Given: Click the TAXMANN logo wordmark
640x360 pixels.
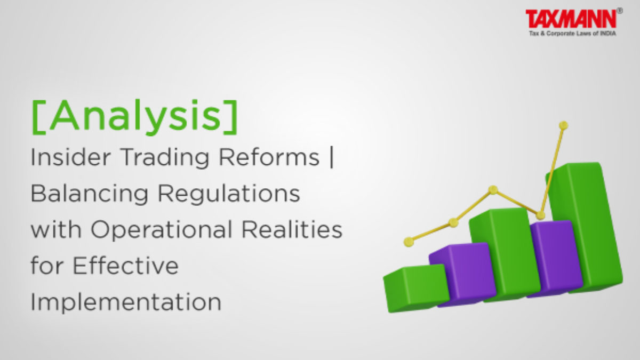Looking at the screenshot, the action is point(571,19).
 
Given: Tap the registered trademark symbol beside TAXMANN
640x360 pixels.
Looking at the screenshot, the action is point(620,11).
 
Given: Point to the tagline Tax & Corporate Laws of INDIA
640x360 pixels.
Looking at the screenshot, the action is point(572,34).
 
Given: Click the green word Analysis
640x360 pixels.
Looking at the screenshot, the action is point(135,117).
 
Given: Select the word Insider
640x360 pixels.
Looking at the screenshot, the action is point(70,157).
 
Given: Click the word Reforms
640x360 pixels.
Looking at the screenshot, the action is point(269,157).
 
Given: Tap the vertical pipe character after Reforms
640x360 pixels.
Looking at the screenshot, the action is point(331,158).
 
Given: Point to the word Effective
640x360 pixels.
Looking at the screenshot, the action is point(126,265).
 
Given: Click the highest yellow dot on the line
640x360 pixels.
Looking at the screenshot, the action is point(563,125).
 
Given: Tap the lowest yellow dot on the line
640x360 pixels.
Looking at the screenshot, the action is point(409,242).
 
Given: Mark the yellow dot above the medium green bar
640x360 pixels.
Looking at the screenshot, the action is point(493,190).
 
